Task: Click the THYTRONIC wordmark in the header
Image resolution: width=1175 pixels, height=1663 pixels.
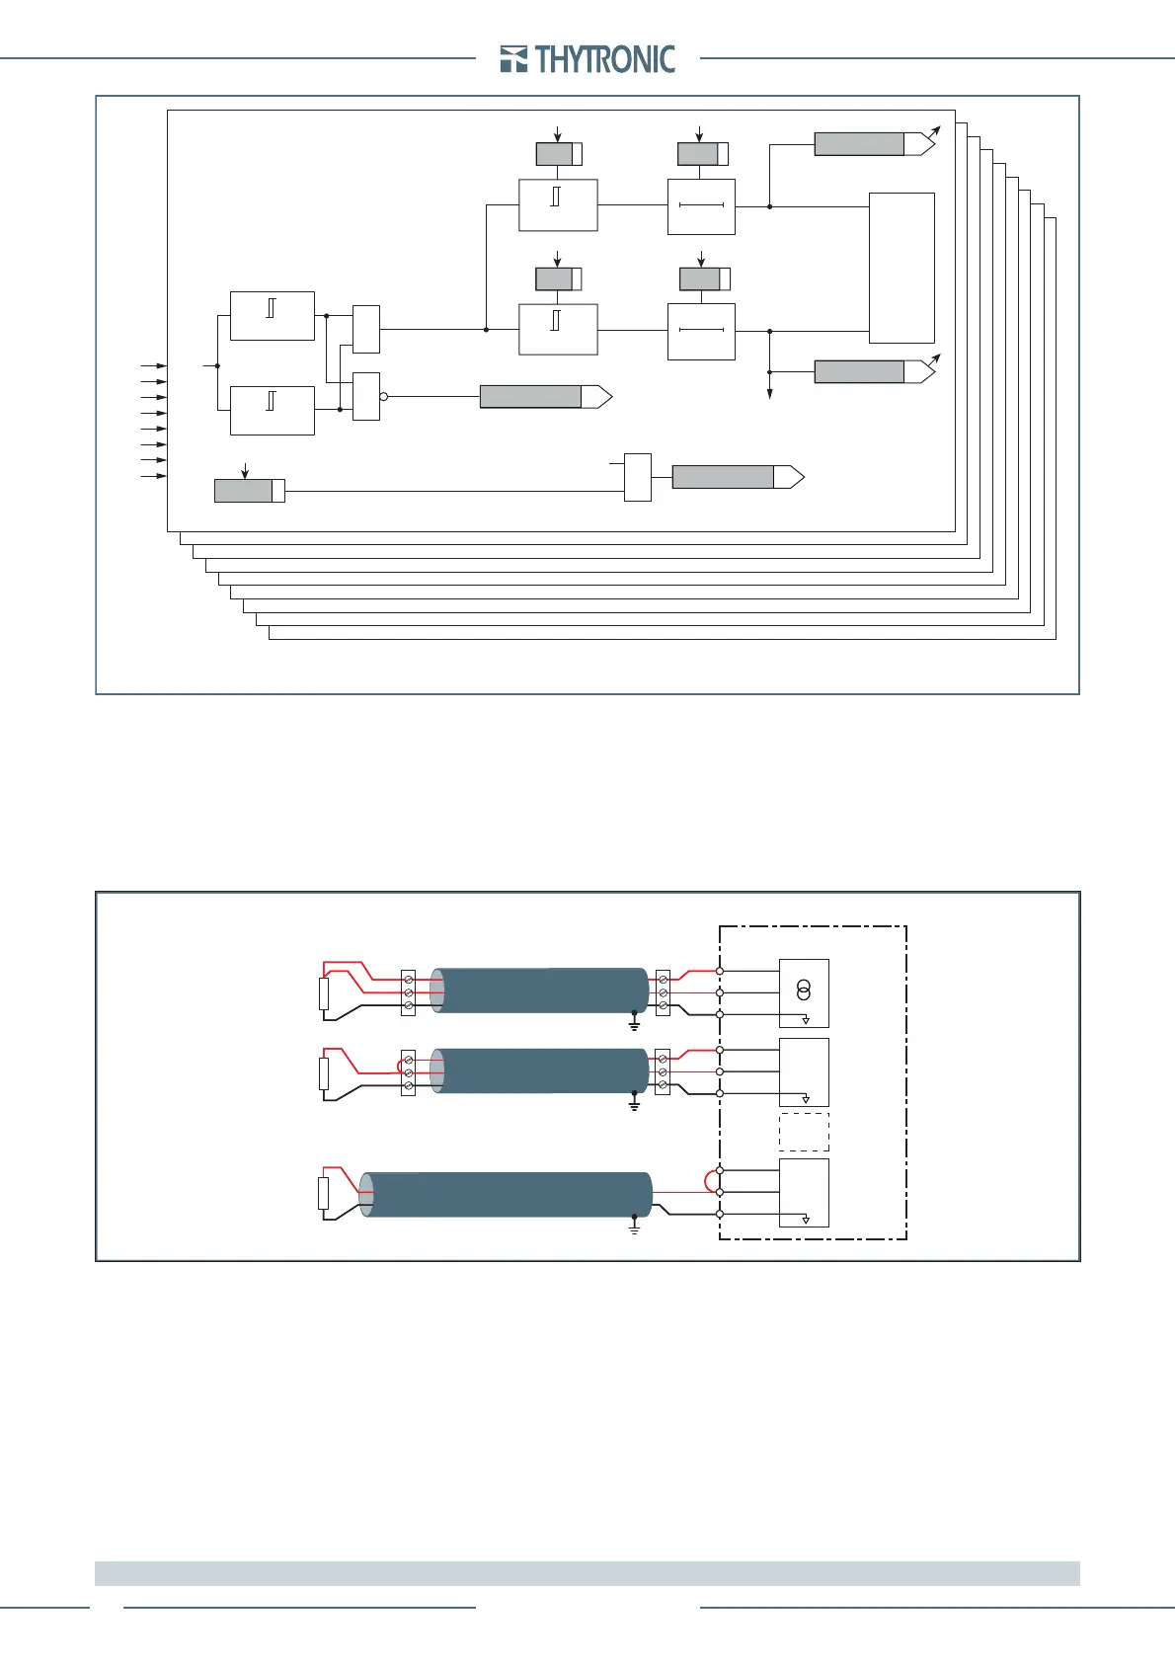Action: (x=605, y=59)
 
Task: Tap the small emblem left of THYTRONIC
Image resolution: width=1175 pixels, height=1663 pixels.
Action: (x=513, y=59)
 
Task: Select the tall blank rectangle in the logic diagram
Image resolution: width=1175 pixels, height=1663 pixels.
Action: (x=901, y=268)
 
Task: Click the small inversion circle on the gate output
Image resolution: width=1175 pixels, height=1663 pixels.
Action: (x=384, y=396)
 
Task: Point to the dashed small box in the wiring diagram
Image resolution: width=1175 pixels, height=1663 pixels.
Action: (x=804, y=1132)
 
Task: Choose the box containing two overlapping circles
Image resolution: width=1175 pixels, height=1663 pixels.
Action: (x=804, y=992)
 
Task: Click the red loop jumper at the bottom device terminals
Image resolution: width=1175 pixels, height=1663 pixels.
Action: (x=710, y=1181)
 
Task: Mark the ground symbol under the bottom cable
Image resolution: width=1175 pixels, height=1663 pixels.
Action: (x=634, y=1227)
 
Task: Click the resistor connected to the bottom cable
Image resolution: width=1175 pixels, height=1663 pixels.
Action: (x=323, y=1193)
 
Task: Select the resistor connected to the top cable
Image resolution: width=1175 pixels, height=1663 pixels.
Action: (x=323, y=993)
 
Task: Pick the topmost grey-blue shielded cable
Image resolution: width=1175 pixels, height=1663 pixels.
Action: (x=539, y=990)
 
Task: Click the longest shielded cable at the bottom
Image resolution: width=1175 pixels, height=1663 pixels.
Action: (x=506, y=1194)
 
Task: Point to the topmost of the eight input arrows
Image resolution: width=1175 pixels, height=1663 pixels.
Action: (x=153, y=365)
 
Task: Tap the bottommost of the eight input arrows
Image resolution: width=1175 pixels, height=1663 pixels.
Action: (x=153, y=476)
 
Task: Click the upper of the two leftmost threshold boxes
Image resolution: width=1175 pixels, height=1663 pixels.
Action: (x=272, y=316)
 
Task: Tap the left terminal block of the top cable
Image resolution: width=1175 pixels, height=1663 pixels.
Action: (x=408, y=991)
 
